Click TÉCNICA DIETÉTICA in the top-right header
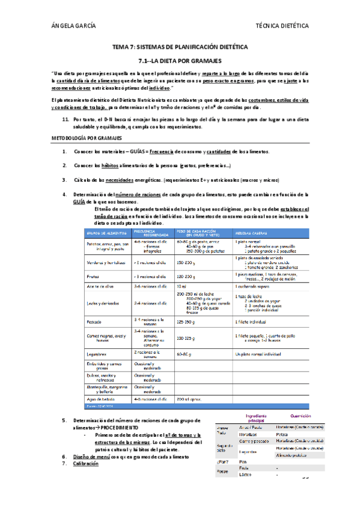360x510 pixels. coord(282,26)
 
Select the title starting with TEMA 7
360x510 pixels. coord(180,47)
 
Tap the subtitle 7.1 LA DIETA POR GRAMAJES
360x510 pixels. coord(180,61)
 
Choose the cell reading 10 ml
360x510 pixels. coord(182,287)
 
